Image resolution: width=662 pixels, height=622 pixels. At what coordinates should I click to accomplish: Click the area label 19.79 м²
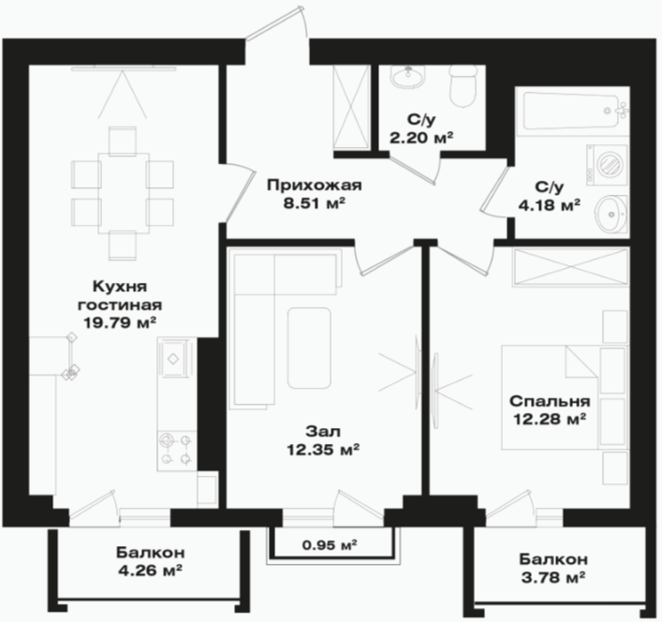120,323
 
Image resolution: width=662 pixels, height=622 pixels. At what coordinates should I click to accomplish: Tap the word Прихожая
315,185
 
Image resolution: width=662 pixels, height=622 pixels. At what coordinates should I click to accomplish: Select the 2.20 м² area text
421,138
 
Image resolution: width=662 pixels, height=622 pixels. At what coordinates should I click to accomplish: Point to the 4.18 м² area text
549,205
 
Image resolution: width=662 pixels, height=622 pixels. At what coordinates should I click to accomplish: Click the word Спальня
550,401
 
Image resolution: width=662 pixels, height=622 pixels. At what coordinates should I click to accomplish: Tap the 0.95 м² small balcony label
330,545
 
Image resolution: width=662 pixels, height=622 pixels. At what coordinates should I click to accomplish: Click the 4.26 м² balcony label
151,570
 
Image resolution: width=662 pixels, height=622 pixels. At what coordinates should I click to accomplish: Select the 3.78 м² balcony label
553,577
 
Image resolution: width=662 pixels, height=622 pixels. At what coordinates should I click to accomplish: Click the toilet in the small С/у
463,86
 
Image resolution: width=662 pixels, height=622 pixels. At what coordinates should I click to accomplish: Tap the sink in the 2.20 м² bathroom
408,77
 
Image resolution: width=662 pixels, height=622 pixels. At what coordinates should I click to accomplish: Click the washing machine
607,165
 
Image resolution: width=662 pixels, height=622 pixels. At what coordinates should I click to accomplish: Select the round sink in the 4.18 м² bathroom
611,214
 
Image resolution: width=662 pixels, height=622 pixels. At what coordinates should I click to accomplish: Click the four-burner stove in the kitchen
176,451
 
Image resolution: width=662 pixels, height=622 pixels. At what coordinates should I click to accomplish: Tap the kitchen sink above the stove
173,359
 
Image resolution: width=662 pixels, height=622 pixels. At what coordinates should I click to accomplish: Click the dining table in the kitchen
124,193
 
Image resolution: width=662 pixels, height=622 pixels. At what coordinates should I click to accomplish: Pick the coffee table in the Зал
309,348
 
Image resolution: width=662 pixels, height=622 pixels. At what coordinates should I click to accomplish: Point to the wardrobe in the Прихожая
351,107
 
